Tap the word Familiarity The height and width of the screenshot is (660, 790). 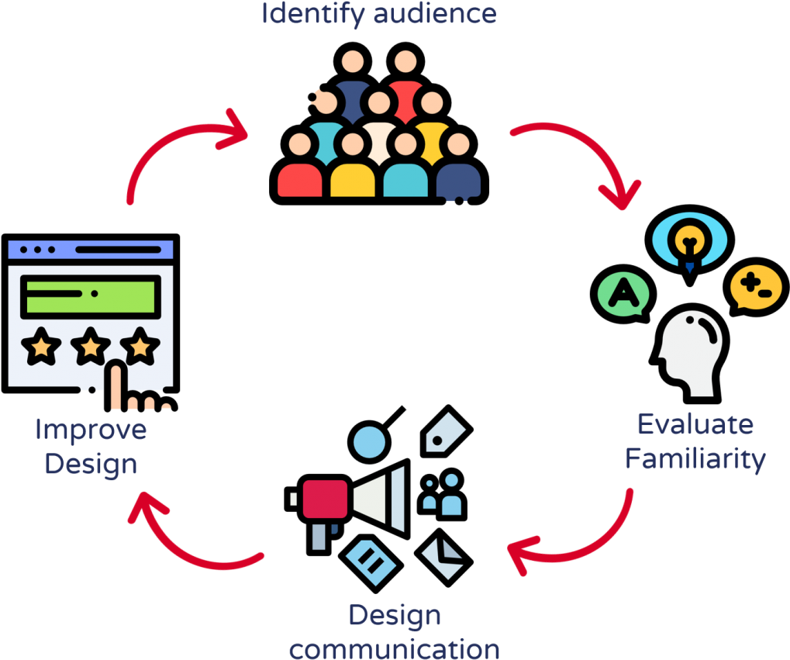coord(695,459)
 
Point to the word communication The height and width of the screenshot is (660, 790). coord(395,648)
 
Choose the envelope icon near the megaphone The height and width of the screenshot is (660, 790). coord(443,558)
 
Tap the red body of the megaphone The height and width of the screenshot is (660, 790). coord(324,499)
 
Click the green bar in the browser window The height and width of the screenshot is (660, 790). coord(90,296)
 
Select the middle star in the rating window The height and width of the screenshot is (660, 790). coord(91,347)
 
